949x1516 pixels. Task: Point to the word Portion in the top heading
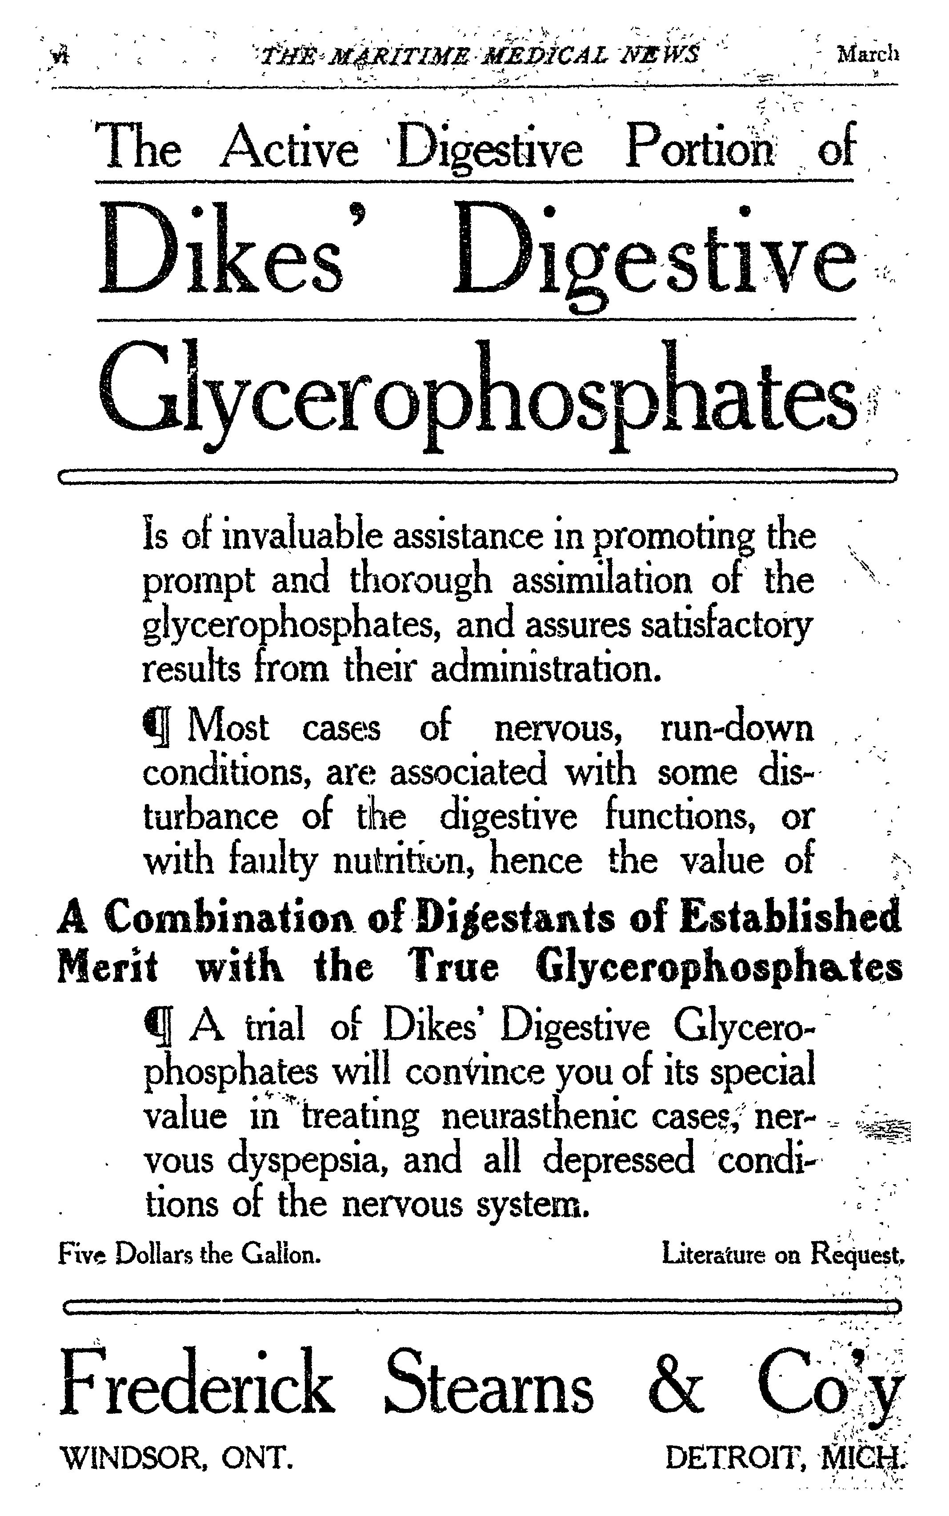click(700, 148)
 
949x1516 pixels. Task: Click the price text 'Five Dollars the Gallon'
click(189, 1255)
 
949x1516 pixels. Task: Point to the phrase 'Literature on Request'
click(783, 1255)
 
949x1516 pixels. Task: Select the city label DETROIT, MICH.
click(785, 1458)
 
